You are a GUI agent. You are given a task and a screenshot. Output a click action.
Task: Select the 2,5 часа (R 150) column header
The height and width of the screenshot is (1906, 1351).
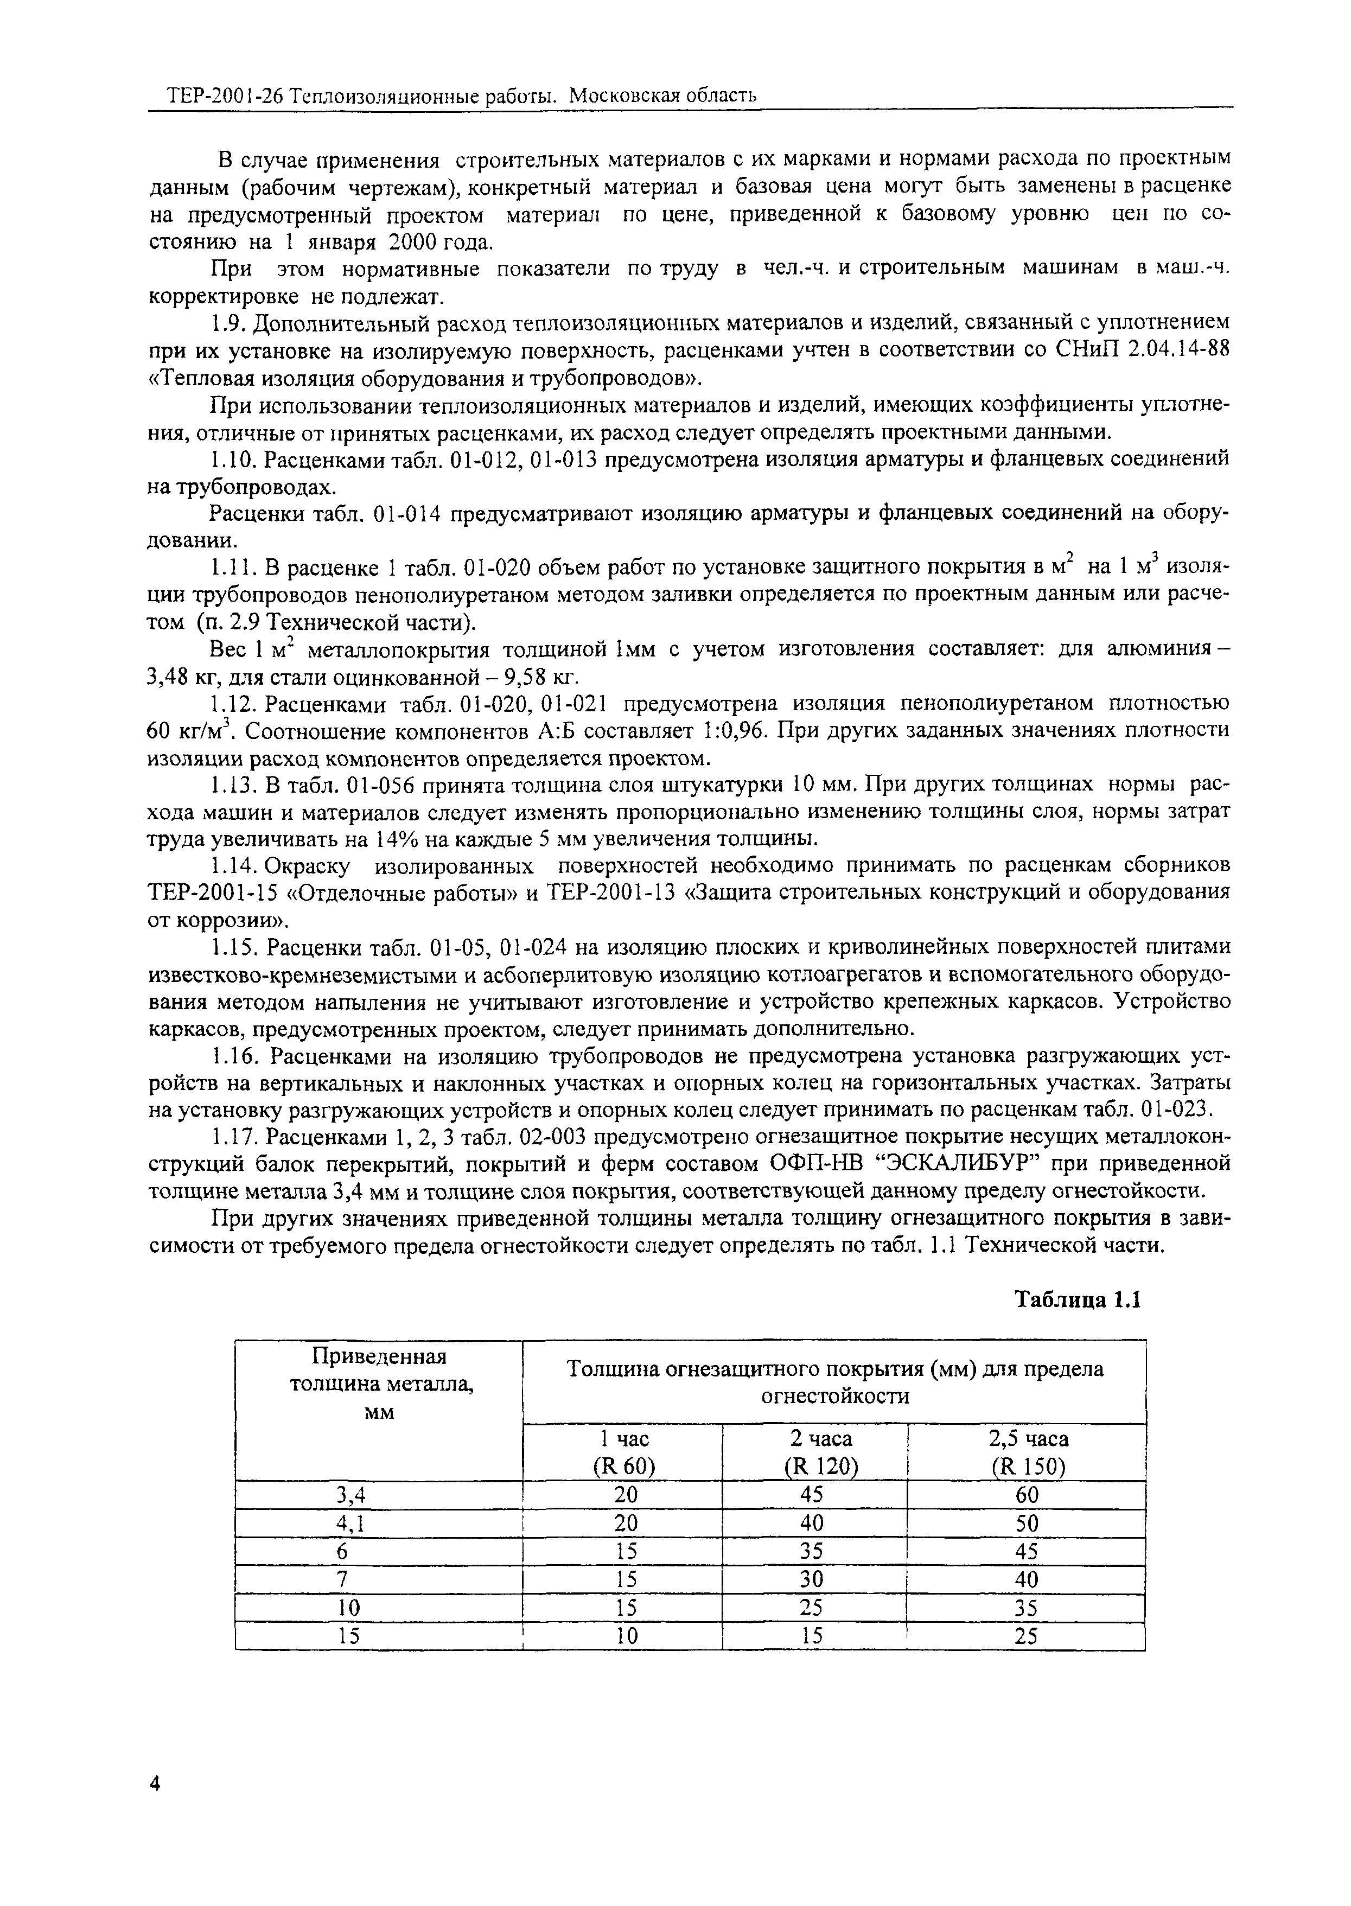tap(1028, 1452)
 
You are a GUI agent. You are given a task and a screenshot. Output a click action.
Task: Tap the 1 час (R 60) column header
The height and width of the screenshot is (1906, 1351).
tap(624, 1452)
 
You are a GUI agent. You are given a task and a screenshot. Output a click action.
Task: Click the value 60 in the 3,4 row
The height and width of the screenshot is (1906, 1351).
tap(1028, 1495)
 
